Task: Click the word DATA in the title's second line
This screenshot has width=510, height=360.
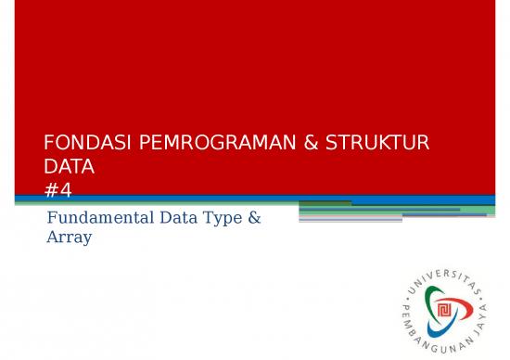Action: click(x=70, y=168)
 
